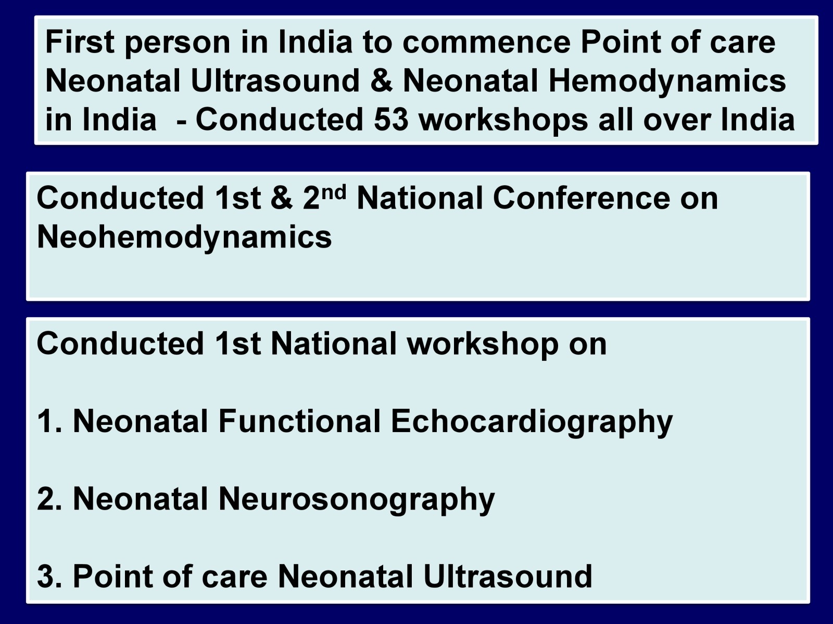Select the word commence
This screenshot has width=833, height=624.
click(486, 43)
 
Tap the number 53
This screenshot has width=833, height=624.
click(391, 120)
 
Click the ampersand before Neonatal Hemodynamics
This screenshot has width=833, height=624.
click(381, 81)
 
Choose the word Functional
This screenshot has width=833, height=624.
click(299, 421)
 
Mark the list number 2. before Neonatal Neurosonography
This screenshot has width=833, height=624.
click(49, 499)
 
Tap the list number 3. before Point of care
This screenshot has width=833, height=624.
click(49, 576)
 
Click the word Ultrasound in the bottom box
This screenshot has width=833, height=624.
click(508, 576)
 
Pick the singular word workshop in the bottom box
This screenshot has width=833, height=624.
click(483, 345)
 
